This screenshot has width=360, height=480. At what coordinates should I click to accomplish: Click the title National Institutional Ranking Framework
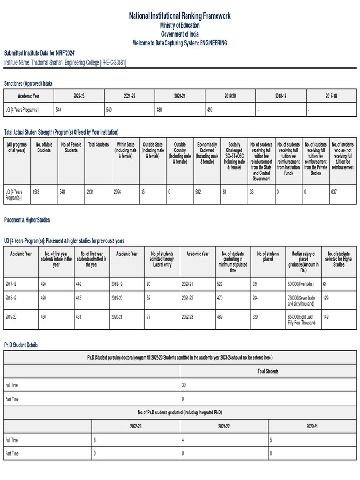[x=180, y=16]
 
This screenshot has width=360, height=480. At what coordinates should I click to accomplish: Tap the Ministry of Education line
[x=180, y=26]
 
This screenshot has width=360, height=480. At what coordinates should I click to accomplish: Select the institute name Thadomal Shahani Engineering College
[x=65, y=62]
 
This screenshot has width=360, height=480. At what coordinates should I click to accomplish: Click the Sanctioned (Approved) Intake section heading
[x=29, y=83]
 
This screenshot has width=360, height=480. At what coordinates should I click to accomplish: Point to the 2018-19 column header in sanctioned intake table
[x=280, y=96]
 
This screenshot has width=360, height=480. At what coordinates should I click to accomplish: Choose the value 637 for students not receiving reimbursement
[x=334, y=192]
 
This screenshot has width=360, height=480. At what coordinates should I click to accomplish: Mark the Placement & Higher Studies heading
[x=27, y=220]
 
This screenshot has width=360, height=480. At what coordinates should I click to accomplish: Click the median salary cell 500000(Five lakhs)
[x=300, y=284]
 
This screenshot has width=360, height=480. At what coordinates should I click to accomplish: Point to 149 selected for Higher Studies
[x=326, y=317]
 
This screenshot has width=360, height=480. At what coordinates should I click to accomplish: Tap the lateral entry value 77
[x=148, y=317]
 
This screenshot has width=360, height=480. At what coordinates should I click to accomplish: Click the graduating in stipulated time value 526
[x=221, y=284]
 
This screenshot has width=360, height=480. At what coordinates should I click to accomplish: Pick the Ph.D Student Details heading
[x=21, y=345]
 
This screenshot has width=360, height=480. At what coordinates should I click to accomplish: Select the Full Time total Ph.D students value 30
[x=184, y=385]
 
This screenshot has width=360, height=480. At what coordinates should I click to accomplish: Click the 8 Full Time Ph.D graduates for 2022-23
[x=95, y=440]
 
